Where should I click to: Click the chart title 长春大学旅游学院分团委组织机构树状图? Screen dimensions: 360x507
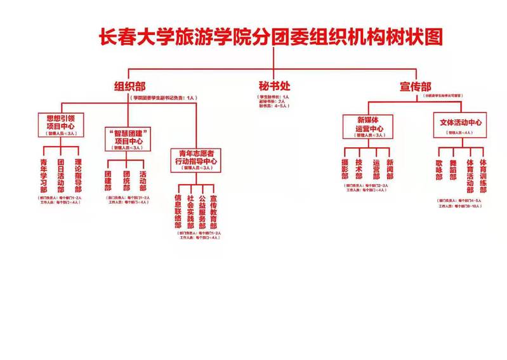tap(270, 36)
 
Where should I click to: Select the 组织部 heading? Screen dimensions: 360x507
tap(131, 86)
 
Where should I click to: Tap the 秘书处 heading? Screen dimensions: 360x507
tap(273, 86)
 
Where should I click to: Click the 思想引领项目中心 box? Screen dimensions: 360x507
tap(61, 125)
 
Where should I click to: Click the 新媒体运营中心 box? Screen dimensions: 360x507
tap(367, 126)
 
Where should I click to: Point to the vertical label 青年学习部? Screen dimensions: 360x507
tap(44, 175)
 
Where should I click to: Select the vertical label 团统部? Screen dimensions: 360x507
tap(126, 181)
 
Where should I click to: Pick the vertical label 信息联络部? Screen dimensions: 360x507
tap(178, 211)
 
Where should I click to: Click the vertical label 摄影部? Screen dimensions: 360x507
tap(345, 169)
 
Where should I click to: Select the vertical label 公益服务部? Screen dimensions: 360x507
tap(201, 211)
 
